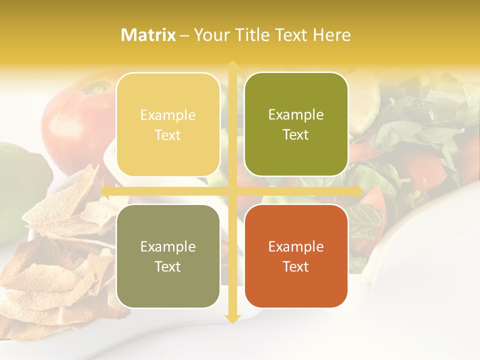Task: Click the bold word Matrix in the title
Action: click(x=148, y=35)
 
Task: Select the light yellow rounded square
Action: click(x=168, y=124)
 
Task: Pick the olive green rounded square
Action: click(x=296, y=124)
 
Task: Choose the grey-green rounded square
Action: click(x=168, y=256)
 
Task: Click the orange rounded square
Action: click(x=296, y=256)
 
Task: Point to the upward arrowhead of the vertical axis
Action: click(x=232, y=64)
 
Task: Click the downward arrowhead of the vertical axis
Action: click(x=232, y=318)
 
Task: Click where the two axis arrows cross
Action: click(x=232, y=191)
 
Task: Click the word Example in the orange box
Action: click(x=296, y=246)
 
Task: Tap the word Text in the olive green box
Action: click(x=296, y=135)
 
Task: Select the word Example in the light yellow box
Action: click(x=168, y=115)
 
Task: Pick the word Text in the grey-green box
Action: click(x=168, y=266)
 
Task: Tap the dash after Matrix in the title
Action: click(x=184, y=35)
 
